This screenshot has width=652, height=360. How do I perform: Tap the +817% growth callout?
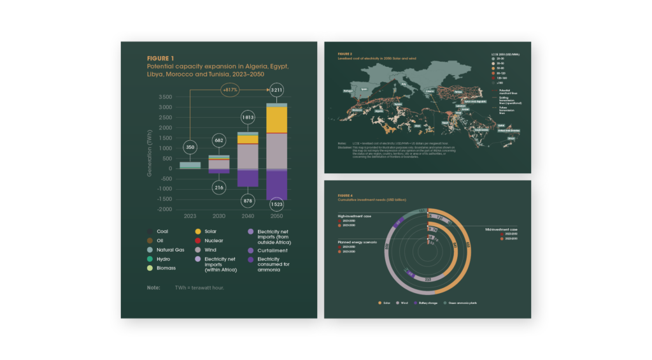point(230,90)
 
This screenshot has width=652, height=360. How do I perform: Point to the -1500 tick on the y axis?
point(164,199)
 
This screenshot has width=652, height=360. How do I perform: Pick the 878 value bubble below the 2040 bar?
point(247,201)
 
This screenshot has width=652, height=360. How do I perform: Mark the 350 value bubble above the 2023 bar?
point(189,147)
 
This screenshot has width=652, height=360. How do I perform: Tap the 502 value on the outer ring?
point(469,245)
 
